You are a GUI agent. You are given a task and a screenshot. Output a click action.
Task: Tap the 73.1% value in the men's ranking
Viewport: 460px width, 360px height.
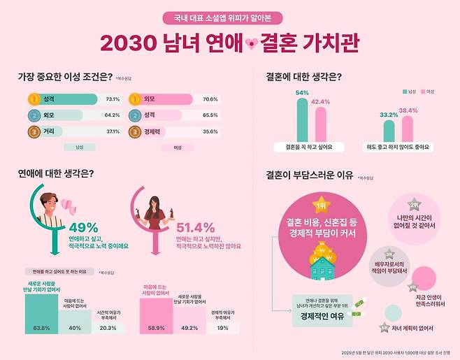pos(111,99)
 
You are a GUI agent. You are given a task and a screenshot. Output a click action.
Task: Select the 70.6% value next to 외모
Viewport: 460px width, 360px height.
pos(210,99)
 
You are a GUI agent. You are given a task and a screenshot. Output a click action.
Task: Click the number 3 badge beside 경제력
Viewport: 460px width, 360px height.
pos(134,131)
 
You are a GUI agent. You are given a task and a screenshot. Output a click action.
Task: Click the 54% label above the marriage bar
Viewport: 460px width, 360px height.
pos(302,93)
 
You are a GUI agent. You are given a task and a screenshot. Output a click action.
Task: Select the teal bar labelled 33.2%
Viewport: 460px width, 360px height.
pos(388,130)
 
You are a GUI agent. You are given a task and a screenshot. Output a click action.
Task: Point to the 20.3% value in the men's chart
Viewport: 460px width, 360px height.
pos(108,327)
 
